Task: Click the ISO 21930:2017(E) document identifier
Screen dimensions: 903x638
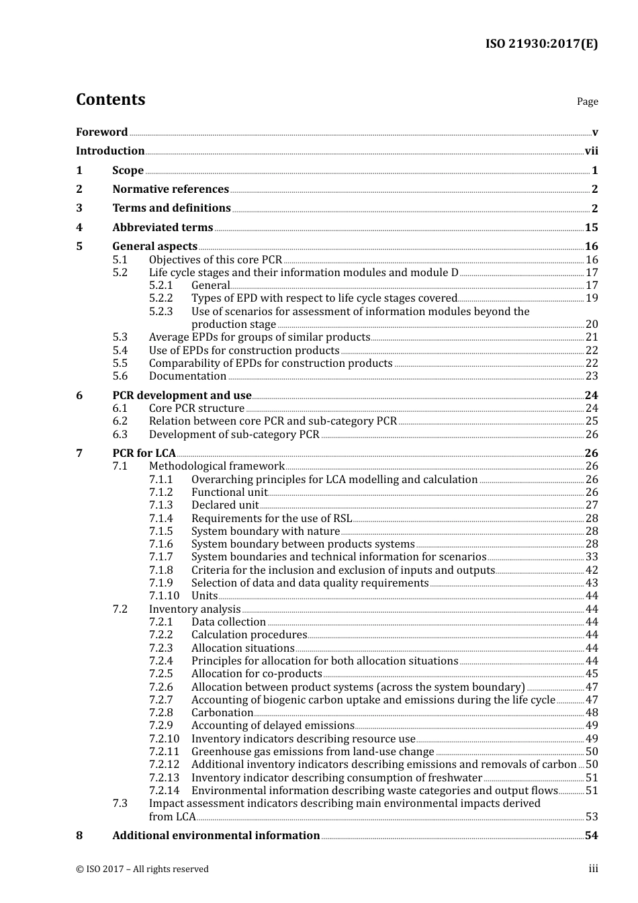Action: click(x=541, y=44)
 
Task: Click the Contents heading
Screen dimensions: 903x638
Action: click(x=110, y=99)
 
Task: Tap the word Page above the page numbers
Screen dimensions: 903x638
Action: click(x=587, y=101)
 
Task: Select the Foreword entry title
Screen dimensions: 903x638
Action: click(x=101, y=132)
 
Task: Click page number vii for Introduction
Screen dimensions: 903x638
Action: click(x=591, y=151)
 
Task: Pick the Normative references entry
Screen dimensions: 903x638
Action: click(x=171, y=189)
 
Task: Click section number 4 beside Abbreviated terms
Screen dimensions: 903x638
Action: click(x=79, y=228)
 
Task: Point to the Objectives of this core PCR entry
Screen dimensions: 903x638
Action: click(x=216, y=260)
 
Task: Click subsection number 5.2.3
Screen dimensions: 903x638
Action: click(x=161, y=312)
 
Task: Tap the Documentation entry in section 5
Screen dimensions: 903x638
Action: click(x=187, y=376)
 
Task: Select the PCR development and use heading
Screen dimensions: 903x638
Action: click(x=181, y=396)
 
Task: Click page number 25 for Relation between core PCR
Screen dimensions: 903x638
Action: click(x=591, y=421)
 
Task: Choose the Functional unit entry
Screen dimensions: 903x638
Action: click(x=229, y=492)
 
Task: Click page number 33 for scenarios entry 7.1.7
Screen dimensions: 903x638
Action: click(x=591, y=557)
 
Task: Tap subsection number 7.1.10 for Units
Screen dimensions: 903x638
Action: click(x=165, y=596)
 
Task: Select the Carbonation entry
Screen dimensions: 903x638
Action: click(x=222, y=713)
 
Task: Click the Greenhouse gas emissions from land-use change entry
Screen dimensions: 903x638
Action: click(x=312, y=752)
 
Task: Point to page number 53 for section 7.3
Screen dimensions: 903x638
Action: click(x=591, y=817)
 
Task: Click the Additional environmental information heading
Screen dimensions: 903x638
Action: click(x=216, y=836)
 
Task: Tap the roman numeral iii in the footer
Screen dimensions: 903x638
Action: click(x=593, y=869)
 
